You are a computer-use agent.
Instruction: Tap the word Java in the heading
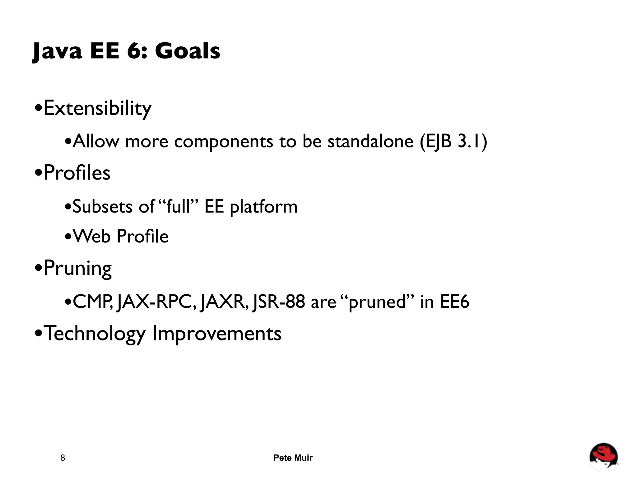[58, 51]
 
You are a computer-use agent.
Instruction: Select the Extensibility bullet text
[97, 109]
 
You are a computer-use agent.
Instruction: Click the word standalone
[370, 141]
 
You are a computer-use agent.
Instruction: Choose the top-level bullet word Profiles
[77, 173]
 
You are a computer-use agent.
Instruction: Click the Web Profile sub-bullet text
[121, 236]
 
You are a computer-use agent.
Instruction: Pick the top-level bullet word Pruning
[77, 268]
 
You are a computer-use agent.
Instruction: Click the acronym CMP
[92, 302]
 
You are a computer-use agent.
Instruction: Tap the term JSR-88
[279, 302]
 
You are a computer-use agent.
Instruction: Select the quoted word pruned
[377, 302]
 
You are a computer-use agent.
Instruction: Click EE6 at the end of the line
[454, 302]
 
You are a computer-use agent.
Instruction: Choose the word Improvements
[217, 334]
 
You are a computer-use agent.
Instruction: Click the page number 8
[63, 458]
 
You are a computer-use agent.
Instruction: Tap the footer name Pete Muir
[293, 458]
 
